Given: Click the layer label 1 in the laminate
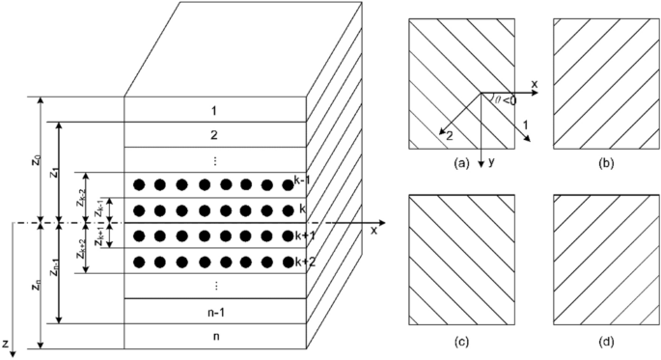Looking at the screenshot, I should (215, 110).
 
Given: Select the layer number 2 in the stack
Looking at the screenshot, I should (215, 135).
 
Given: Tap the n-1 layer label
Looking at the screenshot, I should (215, 312).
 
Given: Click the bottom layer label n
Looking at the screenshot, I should (215, 336).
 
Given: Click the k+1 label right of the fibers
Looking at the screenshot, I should (302, 235).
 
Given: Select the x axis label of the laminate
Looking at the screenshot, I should (371, 232).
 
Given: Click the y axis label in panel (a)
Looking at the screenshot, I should (491, 162).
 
